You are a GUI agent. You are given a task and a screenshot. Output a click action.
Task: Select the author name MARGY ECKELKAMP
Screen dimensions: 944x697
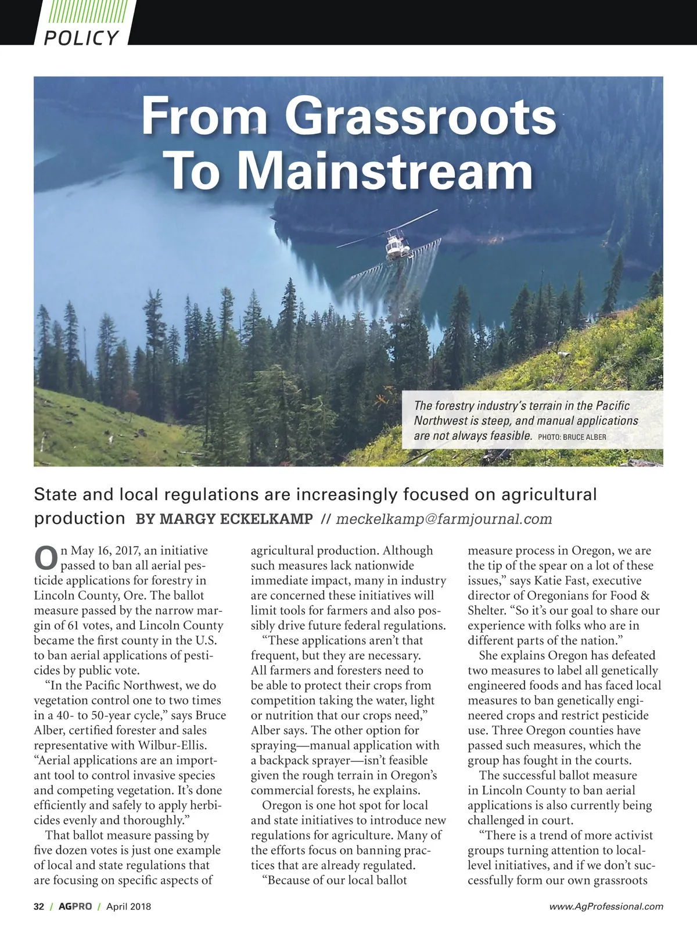224,519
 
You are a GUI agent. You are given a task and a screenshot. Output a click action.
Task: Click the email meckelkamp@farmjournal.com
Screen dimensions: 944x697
444,519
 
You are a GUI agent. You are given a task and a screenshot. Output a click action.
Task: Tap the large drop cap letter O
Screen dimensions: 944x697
46,558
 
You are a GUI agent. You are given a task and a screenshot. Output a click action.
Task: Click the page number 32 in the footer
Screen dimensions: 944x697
39,906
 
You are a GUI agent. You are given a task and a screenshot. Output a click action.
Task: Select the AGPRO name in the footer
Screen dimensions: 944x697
75,906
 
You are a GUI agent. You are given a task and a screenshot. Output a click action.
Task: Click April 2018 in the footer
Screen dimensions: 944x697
128,906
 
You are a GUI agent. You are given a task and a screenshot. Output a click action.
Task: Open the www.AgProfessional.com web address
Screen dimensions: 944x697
606,906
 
